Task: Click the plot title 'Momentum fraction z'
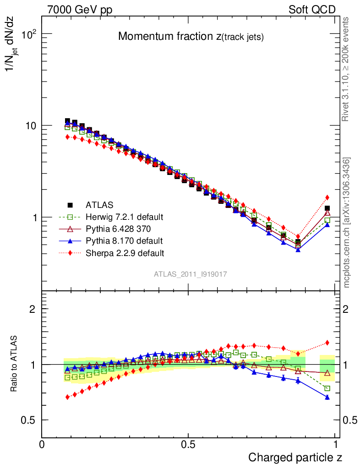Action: click(191, 37)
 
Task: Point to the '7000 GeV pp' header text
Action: click(79, 10)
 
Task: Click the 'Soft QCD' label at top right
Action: click(312, 10)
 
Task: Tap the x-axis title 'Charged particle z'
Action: click(295, 457)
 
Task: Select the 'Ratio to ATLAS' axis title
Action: click(15, 364)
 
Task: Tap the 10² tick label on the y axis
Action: click(29, 34)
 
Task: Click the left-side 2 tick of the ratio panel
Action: click(33, 309)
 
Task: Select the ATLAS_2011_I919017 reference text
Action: click(191, 274)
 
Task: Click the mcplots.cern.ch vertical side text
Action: click(347, 223)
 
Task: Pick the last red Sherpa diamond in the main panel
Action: click(327, 197)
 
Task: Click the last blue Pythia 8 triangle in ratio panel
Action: click(327, 397)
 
